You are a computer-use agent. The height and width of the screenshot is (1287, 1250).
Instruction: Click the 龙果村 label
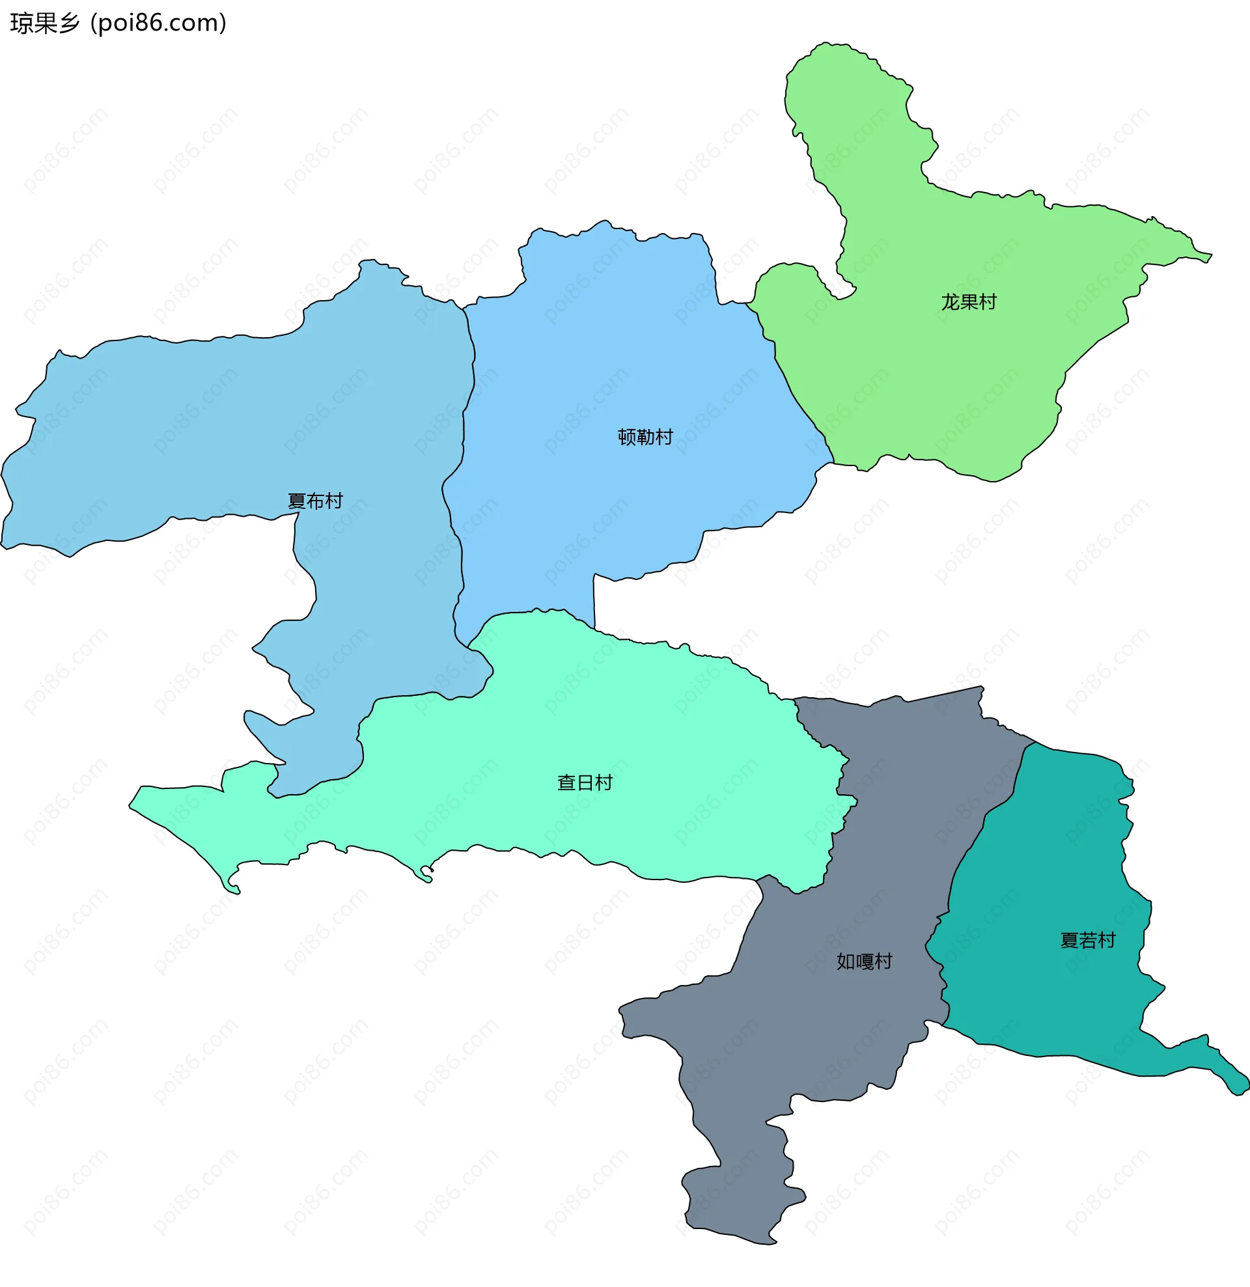(968, 302)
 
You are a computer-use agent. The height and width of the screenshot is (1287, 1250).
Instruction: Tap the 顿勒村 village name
(645, 437)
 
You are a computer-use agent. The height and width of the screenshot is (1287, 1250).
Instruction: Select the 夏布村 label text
(314, 501)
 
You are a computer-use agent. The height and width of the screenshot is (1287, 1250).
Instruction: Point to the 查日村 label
(584, 782)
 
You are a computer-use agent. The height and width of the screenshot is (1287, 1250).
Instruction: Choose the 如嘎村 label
(864, 962)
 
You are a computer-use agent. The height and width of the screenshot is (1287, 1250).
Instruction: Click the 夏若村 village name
(1088, 940)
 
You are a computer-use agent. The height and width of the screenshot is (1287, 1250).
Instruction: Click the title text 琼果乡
(45, 23)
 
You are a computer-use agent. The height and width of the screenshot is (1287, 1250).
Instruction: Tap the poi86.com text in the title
(158, 23)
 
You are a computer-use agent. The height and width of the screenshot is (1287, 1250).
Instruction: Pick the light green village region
(952, 381)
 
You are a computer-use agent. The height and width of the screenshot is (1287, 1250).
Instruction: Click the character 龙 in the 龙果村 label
(950, 302)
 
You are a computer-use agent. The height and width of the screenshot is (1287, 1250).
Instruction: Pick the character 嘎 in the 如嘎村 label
(864, 962)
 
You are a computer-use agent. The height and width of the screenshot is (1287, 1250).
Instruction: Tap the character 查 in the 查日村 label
(566, 782)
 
